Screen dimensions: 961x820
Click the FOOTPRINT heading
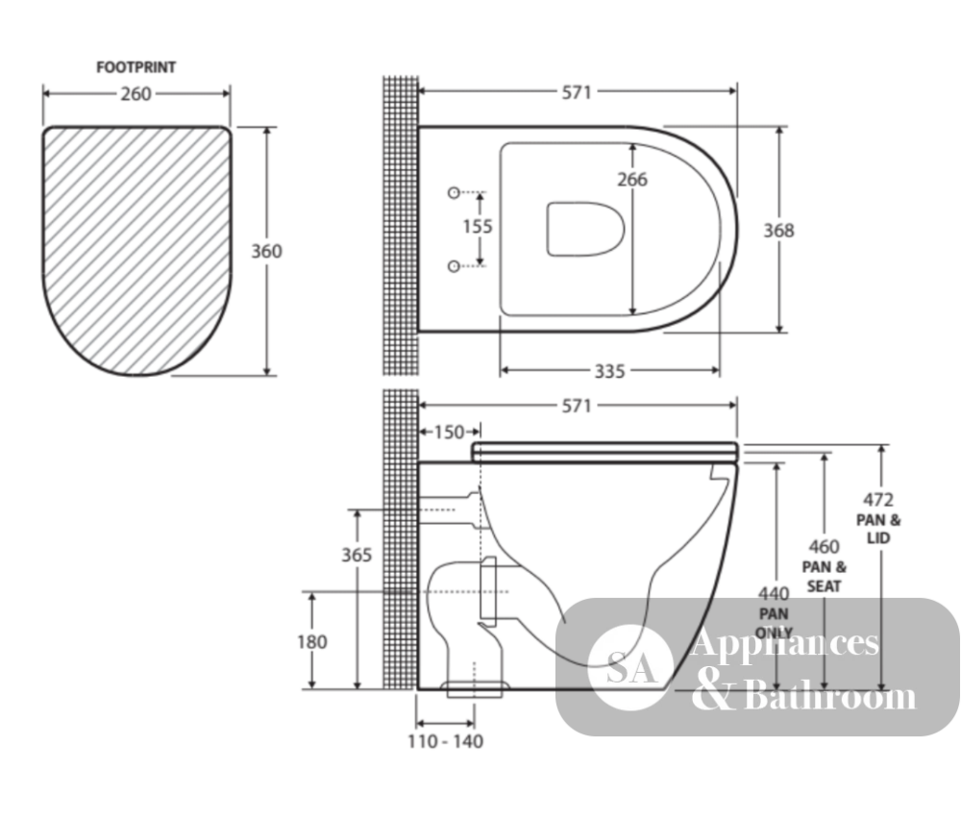click(136, 67)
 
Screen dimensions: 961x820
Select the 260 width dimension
click(136, 94)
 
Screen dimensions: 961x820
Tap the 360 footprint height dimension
click(266, 251)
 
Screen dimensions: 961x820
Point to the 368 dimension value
click(779, 231)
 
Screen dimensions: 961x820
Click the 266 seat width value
click(632, 180)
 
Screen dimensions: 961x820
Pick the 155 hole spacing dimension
click(478, 227)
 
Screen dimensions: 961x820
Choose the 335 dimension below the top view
click(610, 371)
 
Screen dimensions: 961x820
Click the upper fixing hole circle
click(454, 193)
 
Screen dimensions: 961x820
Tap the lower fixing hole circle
click(454, 266)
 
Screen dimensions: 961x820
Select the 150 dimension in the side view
click(449, 432)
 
